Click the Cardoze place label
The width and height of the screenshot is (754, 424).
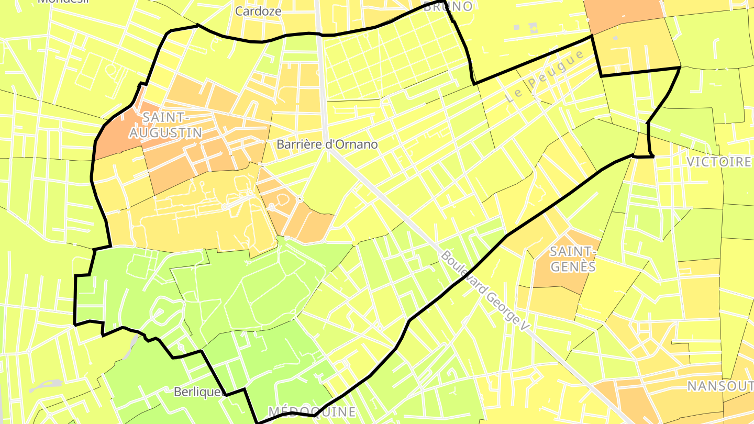[258, 11]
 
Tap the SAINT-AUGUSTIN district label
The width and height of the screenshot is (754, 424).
[165, 125]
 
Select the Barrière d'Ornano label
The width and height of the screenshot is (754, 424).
[327, 144]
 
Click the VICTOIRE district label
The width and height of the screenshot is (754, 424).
[718, 162]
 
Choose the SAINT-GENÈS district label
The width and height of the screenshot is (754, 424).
[573, 259]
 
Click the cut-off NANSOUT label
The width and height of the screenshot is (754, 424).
[720, 386]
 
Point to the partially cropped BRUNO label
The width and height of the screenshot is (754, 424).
[448, 6]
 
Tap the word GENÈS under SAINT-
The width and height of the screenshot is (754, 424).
[573, 266]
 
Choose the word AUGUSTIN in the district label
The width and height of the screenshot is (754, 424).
[165, 132]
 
